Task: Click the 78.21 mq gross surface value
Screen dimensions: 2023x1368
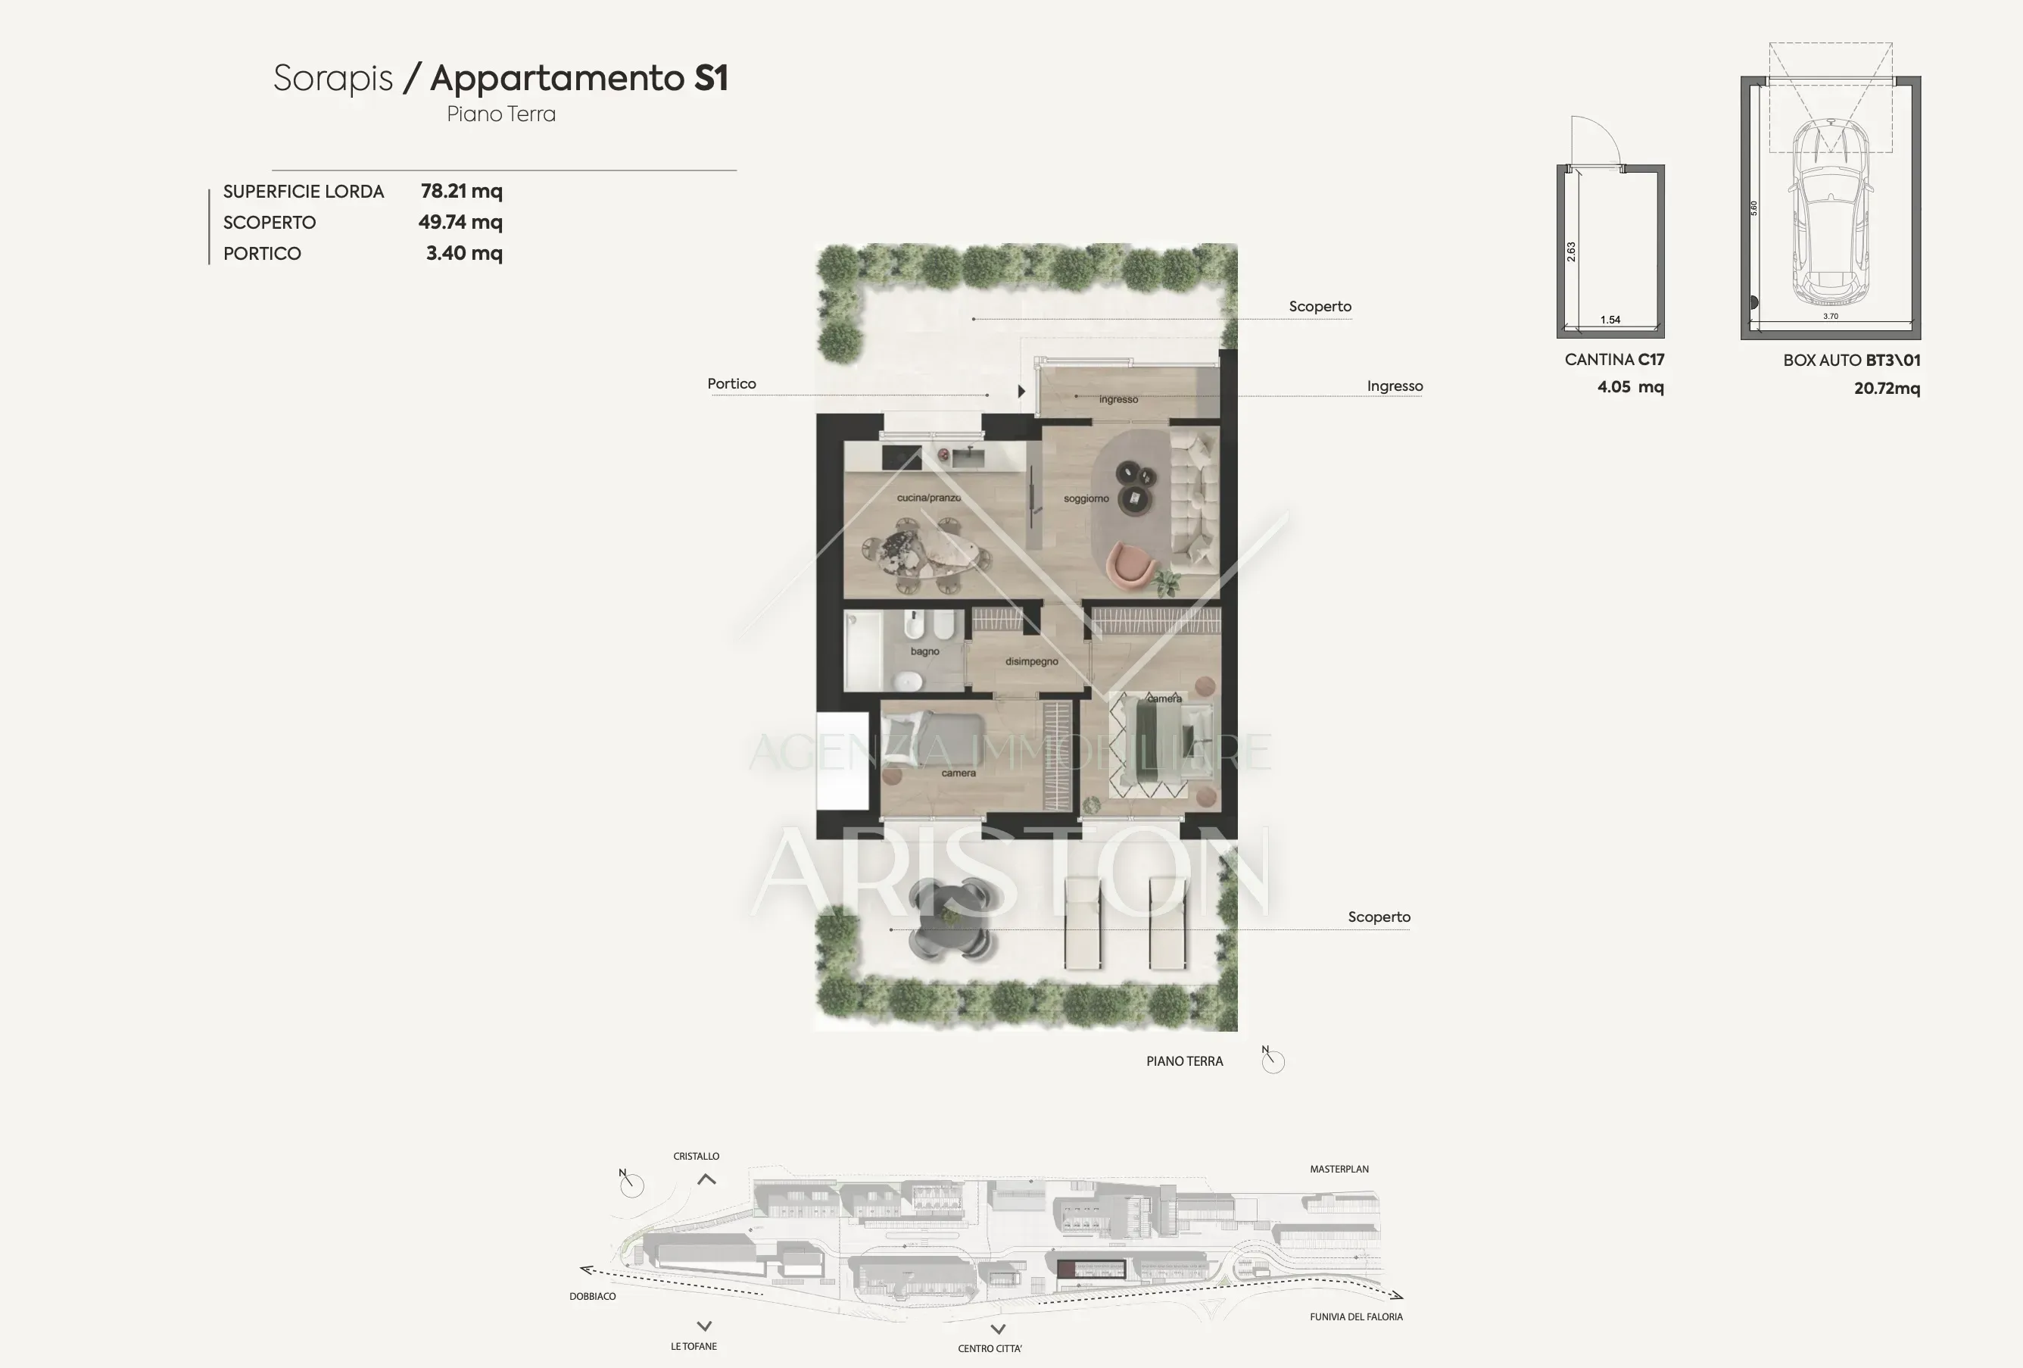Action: pyautogui.click(x=461, y=191)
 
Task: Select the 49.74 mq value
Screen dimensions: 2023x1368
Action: pyautogui.click(x=460, y=222)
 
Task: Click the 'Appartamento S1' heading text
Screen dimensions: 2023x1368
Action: pyautogui.click(x=579, y=78)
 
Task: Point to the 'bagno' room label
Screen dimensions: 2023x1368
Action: pyautogui.click(x=924, y=651)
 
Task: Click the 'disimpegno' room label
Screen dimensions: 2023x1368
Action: pyautogui.click(x=1031, y=662)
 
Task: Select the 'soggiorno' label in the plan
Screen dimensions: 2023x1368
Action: pyautogui.click(x=1086, y=499)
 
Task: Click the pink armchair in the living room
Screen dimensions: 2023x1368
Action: pyautogui.click(x=1130, y=564)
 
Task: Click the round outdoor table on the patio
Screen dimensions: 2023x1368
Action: pyautogui.click(x=949, y=921)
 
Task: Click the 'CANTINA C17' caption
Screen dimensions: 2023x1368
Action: pyautogui.click(x=1614, y=360)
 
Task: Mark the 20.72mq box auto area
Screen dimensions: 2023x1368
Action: pyautogui.click(x=1886, y=389)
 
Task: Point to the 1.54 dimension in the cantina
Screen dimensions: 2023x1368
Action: pyautogui.click(x=1610, y=320)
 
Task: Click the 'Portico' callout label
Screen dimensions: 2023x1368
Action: pyautogui.click(x=731, y=384)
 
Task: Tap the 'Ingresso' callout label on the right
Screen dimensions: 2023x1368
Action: pyautogui.click(x=1395, y=386)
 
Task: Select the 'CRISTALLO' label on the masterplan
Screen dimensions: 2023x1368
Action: pyautogui.click(x=697, y=1157)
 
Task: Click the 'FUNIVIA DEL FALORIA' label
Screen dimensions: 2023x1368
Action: pyautogui.click(x=1356, y=1316)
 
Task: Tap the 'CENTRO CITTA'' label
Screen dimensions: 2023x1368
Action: pyautogui.click(x=990, y=1349)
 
